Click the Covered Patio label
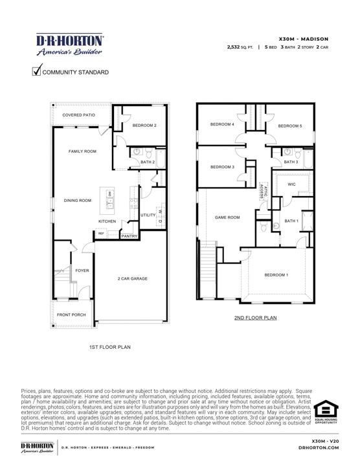tap(78, 115)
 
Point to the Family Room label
tap(83, 151)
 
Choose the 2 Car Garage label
tap(133, 279)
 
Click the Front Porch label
tap(71, 315)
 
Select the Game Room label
tap(227, 217)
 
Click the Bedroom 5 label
tap(289, 128)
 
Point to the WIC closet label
tap(291, 184)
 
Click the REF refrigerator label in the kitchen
tap(101, 233)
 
